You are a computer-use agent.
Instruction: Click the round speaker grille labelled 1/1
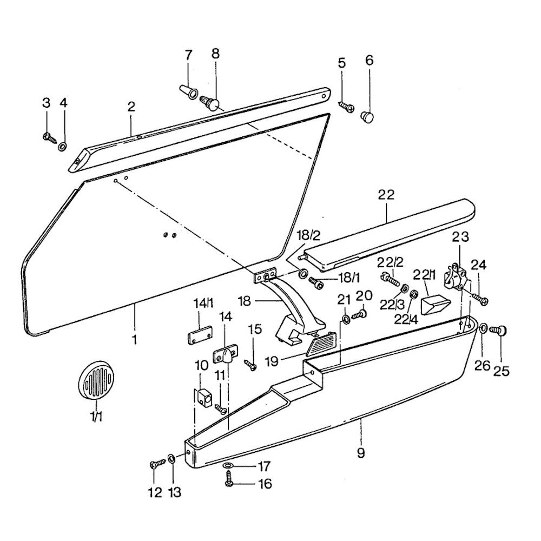click(x=96, y=381)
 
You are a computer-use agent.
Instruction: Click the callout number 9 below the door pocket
click(x=361, y=454)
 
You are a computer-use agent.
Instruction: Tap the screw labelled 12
click(x=157, y=463)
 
